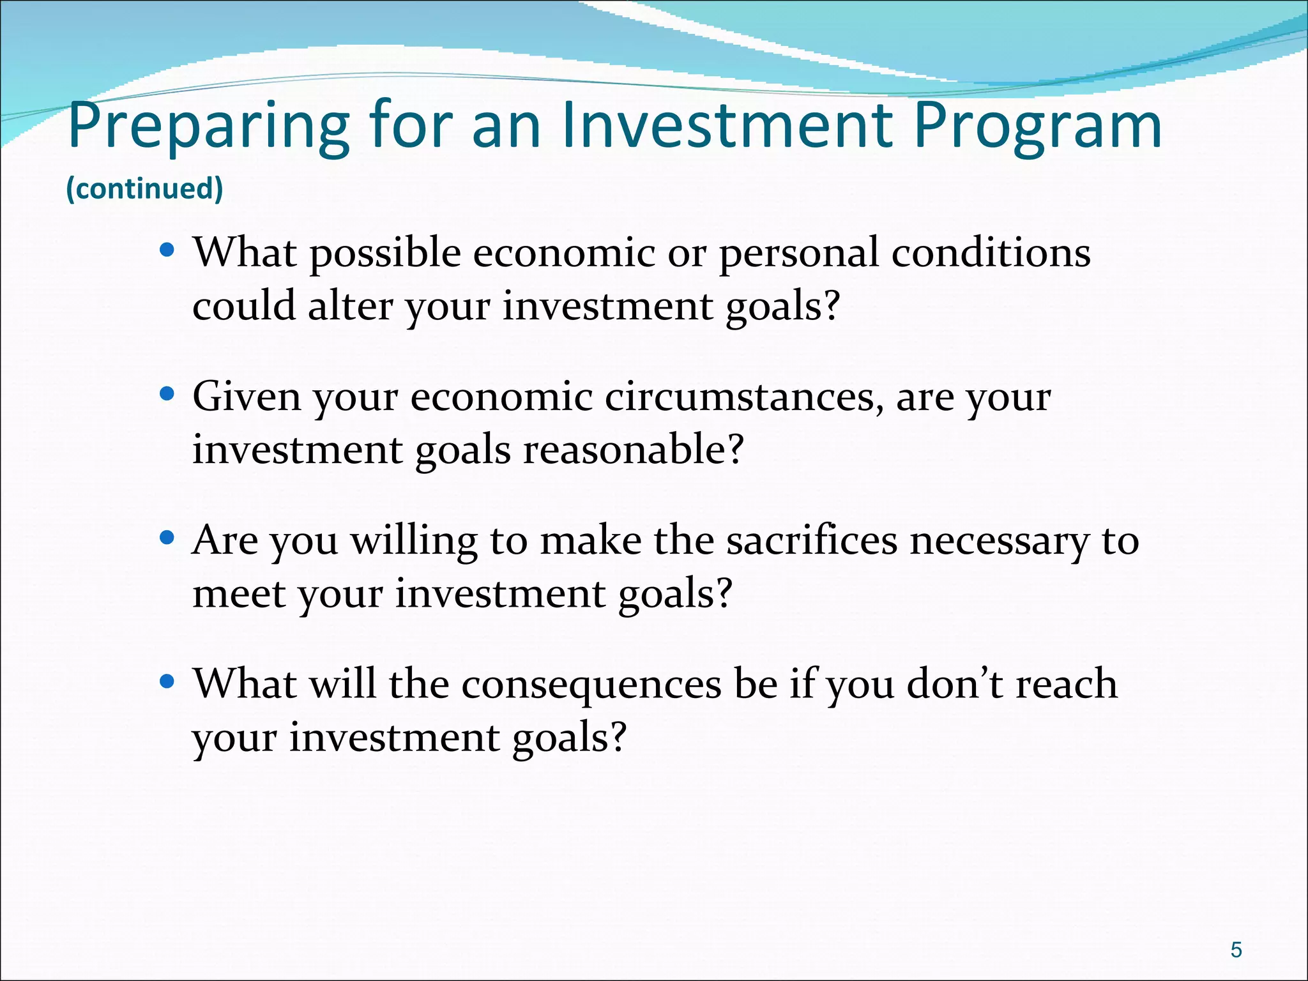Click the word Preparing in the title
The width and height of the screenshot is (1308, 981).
208,126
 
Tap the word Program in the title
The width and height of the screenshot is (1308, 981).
1037,126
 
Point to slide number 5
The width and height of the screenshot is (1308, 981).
1236,950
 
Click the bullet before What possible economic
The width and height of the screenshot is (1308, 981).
167,250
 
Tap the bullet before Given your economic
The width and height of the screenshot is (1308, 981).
167,394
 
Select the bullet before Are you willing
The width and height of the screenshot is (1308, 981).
167,538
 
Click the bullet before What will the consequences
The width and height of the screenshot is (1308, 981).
167,681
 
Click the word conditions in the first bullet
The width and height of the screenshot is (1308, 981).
991,252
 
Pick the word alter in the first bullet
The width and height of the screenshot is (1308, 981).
350,306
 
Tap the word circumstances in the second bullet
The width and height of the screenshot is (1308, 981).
744,397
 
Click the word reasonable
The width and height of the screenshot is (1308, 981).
633,450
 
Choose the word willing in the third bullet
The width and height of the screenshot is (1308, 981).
414,542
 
